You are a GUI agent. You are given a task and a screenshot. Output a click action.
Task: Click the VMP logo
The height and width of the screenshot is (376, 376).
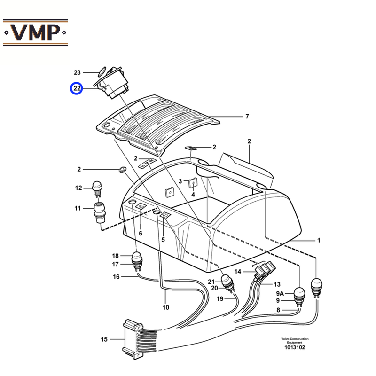pyautogui.click(x=35, y=32)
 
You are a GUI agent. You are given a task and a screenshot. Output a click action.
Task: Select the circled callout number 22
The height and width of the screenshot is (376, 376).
pyautogui.click(x=77, y=88)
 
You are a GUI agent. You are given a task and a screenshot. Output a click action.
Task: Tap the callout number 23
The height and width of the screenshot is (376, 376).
pyautogui.click(x=77, y=72)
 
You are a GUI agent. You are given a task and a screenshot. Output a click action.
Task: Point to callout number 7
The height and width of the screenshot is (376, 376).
pyautogui.click(x=247, y=116)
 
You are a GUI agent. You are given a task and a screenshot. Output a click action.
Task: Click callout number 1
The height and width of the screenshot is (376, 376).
pyautogui.click(x=318, y=240)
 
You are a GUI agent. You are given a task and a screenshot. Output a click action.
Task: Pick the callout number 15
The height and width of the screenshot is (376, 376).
pyautogui.click(x=104, y=339)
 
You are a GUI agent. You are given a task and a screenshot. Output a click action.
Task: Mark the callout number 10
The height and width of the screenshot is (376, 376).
pyautogui.click(x=165, y=308)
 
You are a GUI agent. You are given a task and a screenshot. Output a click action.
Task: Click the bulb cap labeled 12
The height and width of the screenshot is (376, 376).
pyautogui.click(x=97, y=186)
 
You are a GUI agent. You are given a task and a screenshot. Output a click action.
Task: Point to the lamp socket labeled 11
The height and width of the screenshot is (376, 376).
pyautogui.click(x=99, y=212)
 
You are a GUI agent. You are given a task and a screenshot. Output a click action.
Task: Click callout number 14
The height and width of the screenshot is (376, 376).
pyautogui.click(x=238, y=272)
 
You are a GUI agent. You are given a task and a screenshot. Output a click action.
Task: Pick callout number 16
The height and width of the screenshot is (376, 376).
pyautogui.click(x=116, y=276)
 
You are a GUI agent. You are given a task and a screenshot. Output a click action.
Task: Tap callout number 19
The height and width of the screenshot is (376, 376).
pyautogui.click(x=219, y=298)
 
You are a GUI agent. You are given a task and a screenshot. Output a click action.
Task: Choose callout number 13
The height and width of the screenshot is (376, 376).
pyautogui.click(x=277, y=284)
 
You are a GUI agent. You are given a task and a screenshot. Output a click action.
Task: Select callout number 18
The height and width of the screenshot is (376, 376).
pyautogui.click(x=116, y=256)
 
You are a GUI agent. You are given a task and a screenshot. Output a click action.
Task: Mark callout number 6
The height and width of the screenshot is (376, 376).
pyautogui.click(x=140, y=233)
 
